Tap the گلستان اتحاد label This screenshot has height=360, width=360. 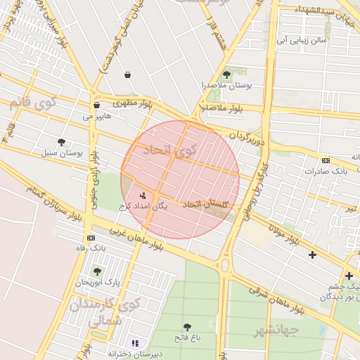click(x=206, y=204)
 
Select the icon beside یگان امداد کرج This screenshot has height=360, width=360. click(x=143, y=195)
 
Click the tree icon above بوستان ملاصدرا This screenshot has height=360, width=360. click(x=226, y=75)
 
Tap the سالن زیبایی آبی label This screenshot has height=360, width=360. click(x=303, y=41)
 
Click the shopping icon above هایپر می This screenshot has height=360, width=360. click(x=96, y=105)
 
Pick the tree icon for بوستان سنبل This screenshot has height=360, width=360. click(x=61, y=141)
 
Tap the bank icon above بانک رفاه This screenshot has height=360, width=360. click(x=91, y=238)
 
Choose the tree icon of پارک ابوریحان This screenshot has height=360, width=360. click(x=98, y=271)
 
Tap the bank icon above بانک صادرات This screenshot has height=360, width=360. click(x=325, y=160)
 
